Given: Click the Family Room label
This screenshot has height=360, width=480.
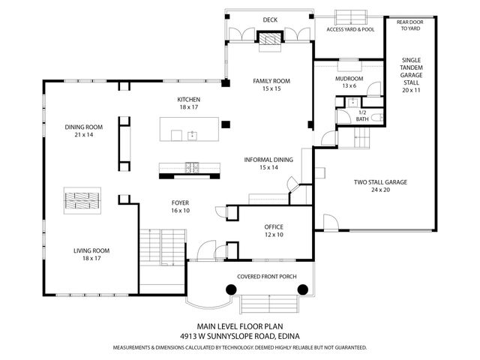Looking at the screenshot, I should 271,85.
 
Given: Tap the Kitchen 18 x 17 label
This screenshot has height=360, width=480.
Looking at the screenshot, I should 188,103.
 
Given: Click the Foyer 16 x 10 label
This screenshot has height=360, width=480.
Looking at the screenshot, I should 180,207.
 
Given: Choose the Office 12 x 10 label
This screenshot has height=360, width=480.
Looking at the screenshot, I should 273,230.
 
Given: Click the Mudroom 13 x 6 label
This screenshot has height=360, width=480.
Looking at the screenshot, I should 349,82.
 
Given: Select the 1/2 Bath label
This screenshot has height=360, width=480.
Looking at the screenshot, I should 361,115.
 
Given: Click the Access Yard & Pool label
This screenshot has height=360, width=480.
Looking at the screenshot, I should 349,30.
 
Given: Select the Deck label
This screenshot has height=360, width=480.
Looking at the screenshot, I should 270,20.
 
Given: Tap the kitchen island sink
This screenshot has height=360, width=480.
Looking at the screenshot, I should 192,135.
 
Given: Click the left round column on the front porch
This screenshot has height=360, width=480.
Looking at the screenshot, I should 227,289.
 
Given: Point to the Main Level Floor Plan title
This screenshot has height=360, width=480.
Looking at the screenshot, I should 239,326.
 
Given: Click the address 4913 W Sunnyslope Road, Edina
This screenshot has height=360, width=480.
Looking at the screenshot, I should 239,336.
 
